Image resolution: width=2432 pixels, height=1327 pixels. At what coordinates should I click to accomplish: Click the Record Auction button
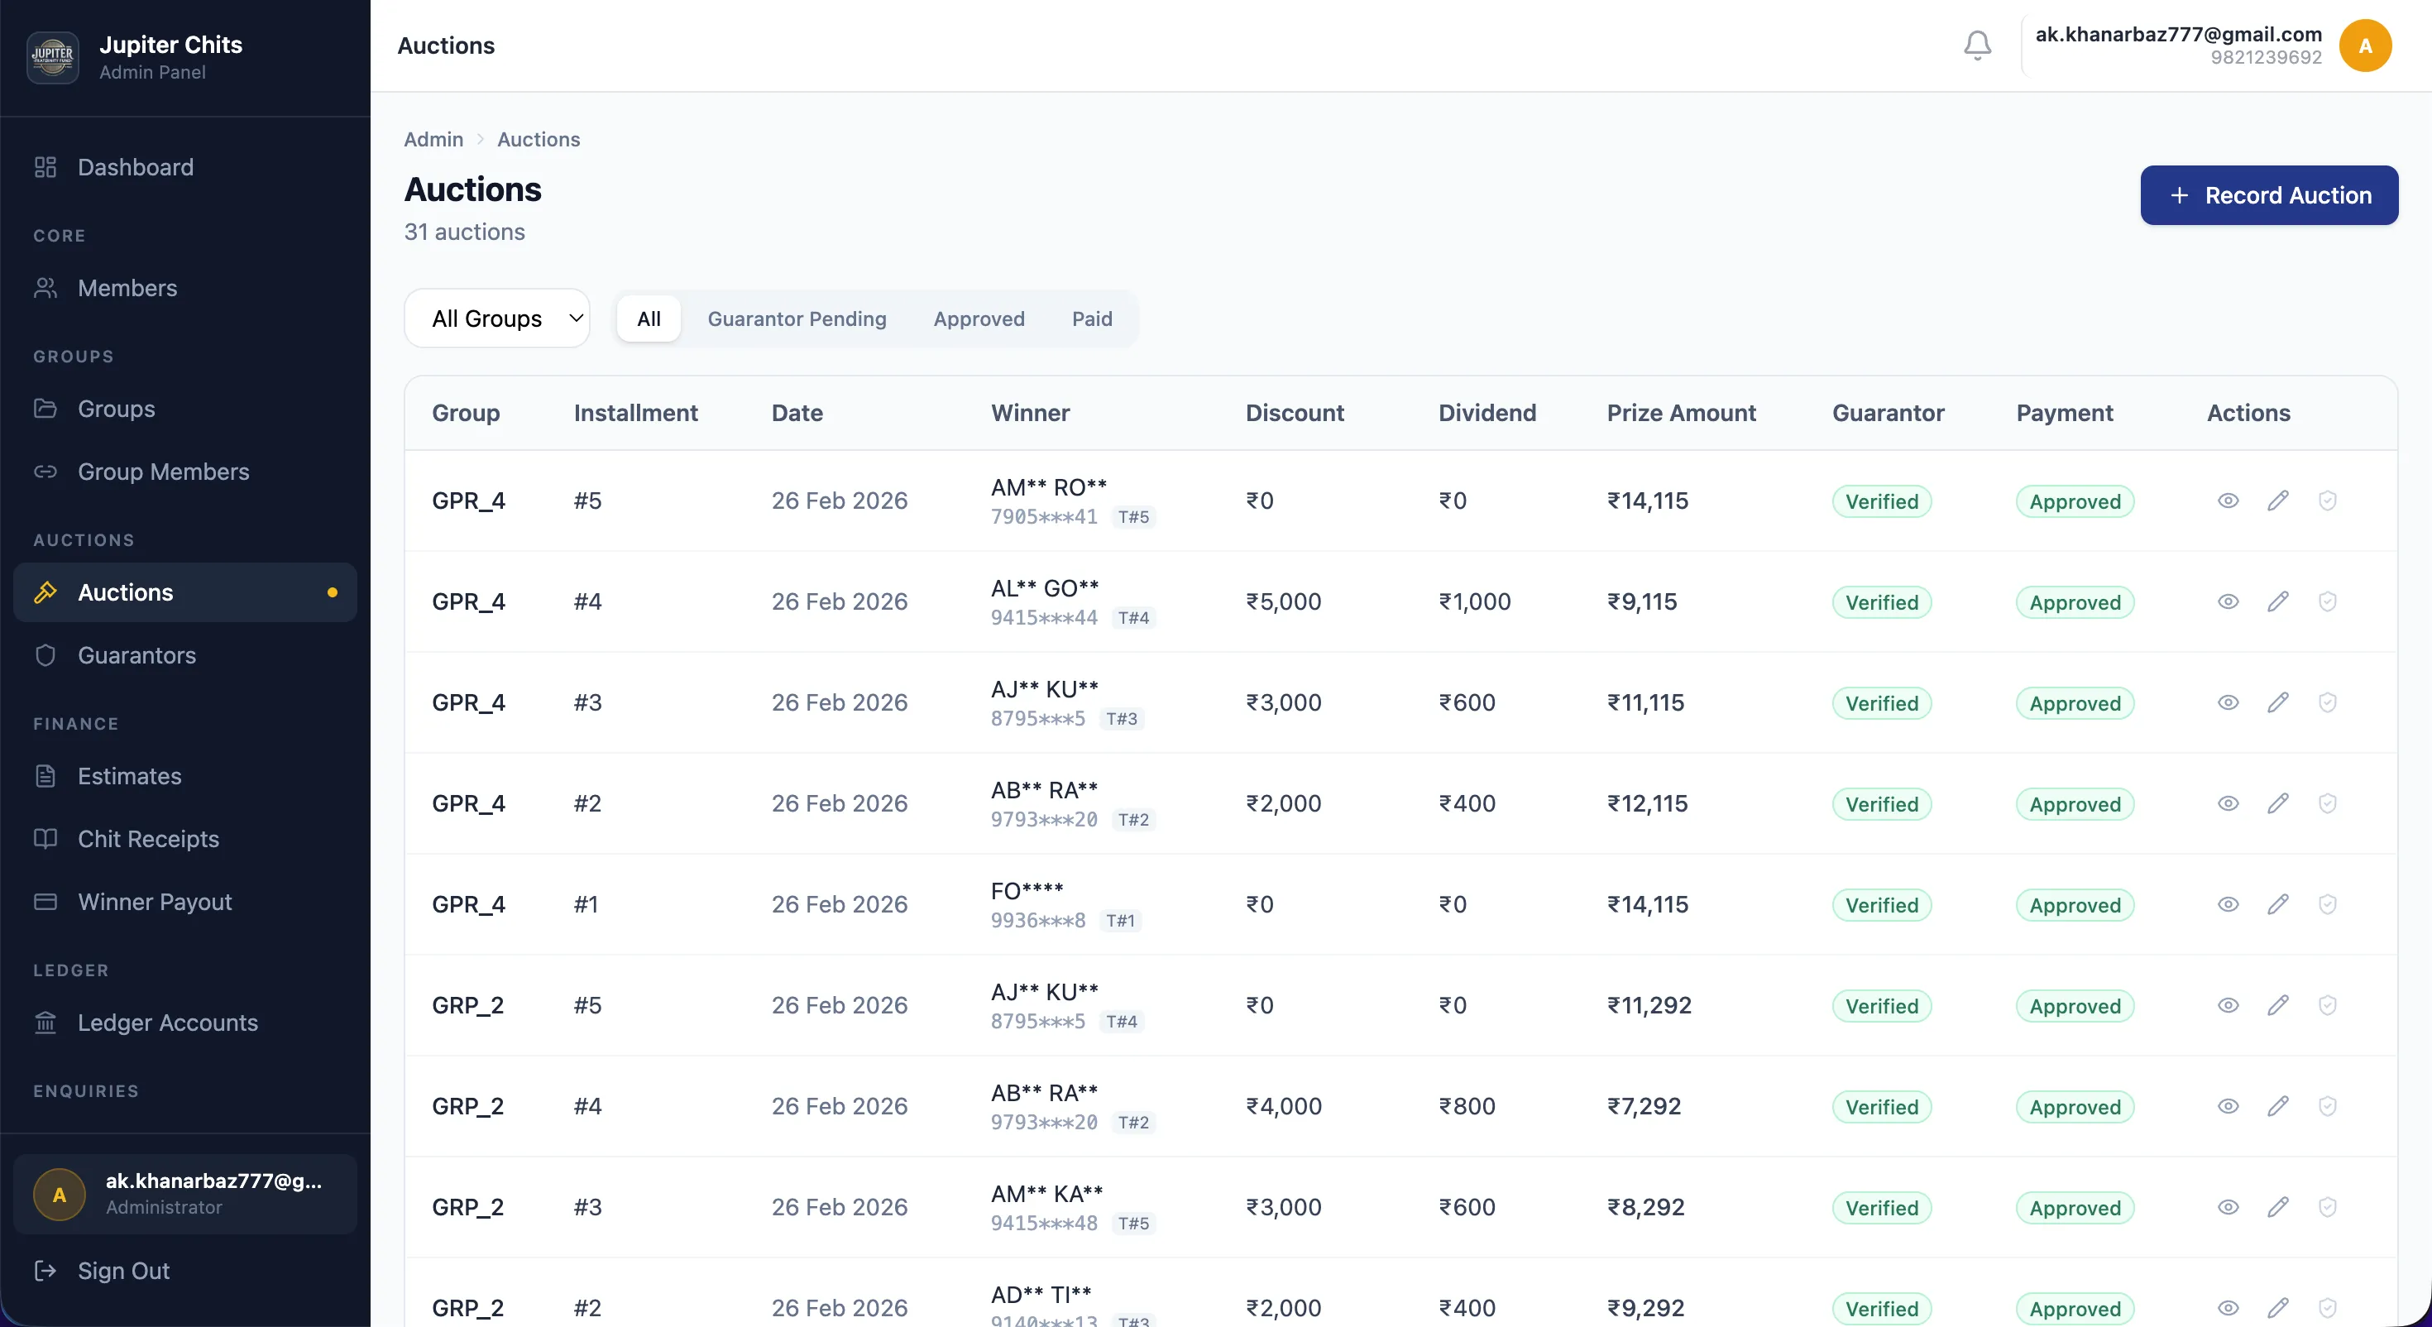click(2269, 195)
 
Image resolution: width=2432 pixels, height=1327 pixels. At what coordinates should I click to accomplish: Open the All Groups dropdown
click(496, 319)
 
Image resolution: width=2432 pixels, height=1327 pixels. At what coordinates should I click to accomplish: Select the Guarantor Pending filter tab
click(797, 319)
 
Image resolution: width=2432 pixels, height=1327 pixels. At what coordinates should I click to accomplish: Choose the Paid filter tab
click(1091, 319)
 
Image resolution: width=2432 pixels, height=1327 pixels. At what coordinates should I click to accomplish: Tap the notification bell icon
click(1977, 46)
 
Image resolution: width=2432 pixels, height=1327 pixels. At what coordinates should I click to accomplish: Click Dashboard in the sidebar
click(135, 167)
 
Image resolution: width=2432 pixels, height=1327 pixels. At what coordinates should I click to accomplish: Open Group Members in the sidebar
click(163, 472)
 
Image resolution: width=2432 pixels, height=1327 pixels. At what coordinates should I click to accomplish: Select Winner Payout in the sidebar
click(155, 902)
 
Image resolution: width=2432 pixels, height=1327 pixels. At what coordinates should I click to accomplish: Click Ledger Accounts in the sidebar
click(167, 1023)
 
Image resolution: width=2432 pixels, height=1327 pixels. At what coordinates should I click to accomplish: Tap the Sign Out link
click(122, 1271)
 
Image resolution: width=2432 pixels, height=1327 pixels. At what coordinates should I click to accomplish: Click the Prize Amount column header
click(1681, 413)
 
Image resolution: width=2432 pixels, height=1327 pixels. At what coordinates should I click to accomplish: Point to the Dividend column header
click(1487, 413)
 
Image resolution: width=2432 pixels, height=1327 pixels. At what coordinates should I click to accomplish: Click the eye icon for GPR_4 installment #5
click(2228, 501)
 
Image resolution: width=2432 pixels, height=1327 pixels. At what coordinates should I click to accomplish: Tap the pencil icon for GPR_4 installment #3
click(2278, 702)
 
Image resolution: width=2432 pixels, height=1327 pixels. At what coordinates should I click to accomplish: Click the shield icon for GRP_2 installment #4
click(2327, 1106)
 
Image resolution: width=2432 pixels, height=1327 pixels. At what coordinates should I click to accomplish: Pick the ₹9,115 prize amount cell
click(1642, 601)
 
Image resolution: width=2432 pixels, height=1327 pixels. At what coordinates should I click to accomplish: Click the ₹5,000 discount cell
click(1283, 601)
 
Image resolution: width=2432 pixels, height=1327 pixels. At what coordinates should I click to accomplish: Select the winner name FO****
click(1027, 891)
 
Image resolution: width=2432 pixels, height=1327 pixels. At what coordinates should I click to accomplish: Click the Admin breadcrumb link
click(433, 140)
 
